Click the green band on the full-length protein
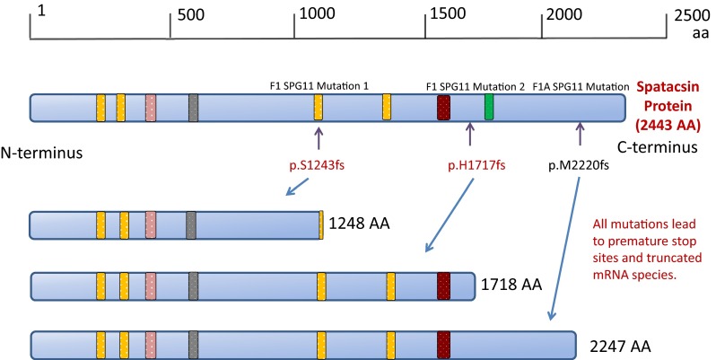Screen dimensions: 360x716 [x=489, y=108]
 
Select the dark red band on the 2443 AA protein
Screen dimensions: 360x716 [x=443, y=108]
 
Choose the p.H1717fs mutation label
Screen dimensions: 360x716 [x=469, y=165]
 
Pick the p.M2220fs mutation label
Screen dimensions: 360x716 [x=581, y=165]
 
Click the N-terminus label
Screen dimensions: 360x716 [x=42, y=154]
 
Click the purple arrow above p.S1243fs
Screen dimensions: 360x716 [x=319, y=137]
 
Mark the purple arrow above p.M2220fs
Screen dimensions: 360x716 [x=580, y=136]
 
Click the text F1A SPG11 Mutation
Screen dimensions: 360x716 [x=581, y=86]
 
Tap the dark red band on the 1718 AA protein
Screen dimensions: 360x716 [x=443, y=285]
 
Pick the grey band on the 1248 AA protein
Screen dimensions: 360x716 [x=191, y=224]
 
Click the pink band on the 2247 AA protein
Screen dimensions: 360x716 [x=151, y=345]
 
